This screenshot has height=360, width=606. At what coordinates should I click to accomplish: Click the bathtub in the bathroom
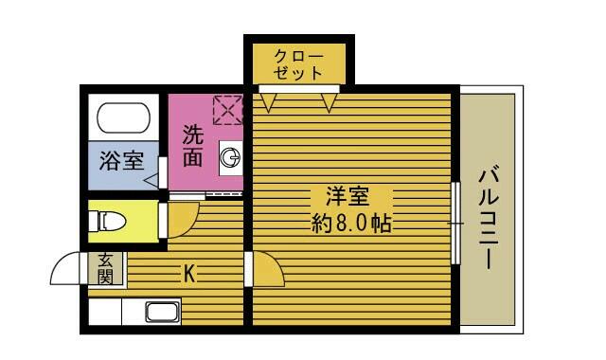(x=123, y=117)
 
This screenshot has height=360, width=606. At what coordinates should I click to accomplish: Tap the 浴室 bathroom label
(x=122, y=160)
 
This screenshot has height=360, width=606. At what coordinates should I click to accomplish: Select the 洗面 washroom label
(x=193, y=146)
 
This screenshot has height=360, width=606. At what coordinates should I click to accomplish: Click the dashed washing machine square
(x=228, y=110)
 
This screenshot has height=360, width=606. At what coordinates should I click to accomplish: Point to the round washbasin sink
(x=230, y=158)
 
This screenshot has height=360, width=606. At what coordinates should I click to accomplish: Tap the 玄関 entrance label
(x=105, y=268)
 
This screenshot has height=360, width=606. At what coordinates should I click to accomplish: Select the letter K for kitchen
(x=189, y=274)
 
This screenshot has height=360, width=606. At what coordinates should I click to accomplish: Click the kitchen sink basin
(x=163, y=312)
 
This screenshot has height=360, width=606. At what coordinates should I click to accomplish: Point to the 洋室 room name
(x=348, y=196)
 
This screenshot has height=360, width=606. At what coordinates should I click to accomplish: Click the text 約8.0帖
(x=351, y=224)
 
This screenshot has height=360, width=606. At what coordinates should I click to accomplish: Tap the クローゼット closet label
(x=298, y=64)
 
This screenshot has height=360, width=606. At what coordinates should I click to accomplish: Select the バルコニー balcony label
(x=489, y=217)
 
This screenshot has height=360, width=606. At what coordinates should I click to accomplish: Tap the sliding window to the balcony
(x=456, y=224)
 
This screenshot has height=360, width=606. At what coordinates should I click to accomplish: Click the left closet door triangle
(x=268, y=102)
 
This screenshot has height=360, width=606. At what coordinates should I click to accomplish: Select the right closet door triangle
(x=329, y=102)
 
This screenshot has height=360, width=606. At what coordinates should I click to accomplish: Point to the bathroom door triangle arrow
(x=151, y=180)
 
